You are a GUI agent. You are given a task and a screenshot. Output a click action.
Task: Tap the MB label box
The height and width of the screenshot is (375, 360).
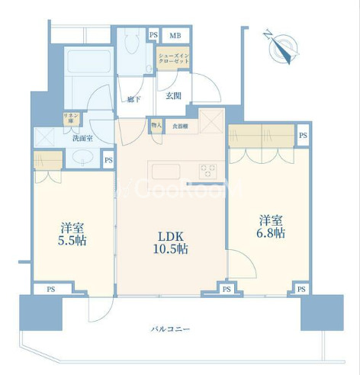[x=175, y=35]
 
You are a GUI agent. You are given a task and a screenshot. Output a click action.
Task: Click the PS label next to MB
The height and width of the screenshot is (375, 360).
[x=153, y=35]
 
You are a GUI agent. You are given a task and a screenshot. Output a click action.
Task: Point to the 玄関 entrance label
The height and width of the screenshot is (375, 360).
[x=172, y=95]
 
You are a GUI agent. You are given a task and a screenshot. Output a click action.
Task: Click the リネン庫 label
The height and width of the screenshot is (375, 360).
[x=69, y=119]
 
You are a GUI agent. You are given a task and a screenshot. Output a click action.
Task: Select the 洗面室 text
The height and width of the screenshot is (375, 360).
[x=82, y=139]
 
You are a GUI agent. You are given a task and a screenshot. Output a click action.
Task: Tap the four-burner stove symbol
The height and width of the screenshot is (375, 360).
[x=208, y=171]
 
